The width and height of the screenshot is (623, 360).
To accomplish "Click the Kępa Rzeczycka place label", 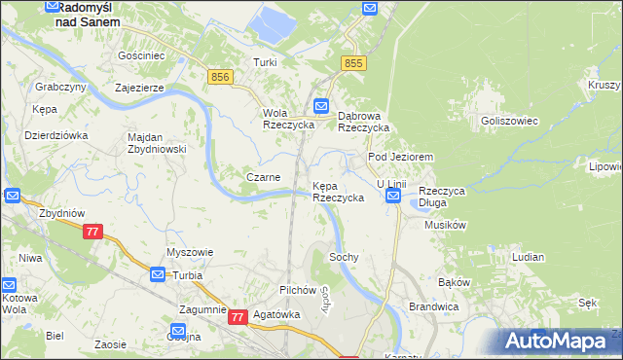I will (x=338, y=191).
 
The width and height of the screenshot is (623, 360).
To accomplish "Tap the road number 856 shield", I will (x=219, y=76).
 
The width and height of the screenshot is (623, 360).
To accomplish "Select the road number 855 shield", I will (x=353, y=63).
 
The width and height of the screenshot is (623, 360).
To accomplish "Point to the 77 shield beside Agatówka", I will (x=238, y=317).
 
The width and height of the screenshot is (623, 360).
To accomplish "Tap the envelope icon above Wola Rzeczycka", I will (x=321, y=105).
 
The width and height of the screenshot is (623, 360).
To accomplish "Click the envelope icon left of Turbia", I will (x=158, y=275).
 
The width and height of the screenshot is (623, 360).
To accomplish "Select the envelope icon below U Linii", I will (x=392, y=197).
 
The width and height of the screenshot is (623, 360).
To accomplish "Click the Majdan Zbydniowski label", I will (x=157, y=143).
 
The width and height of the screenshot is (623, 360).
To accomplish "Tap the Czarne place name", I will (x=264, y=177).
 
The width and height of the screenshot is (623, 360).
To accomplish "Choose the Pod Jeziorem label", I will (x=399, y=157).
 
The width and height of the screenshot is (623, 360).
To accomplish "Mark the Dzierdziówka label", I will (x=56, y=135).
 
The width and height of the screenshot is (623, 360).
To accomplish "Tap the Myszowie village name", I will (x=190, y=252).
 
